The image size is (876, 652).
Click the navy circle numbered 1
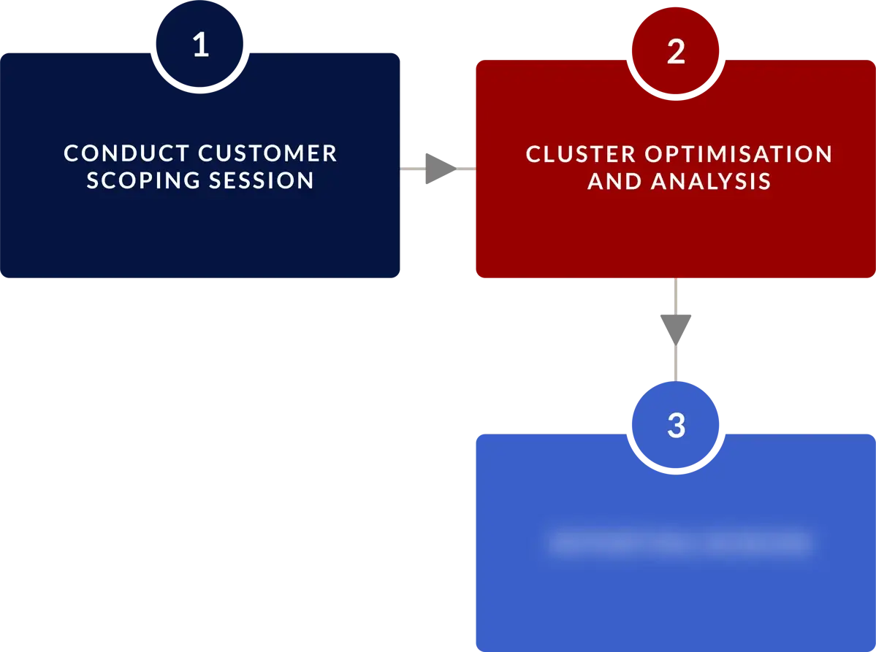(200, 45)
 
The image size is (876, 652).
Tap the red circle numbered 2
(676, 51)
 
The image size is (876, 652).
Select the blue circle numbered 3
(676, 425)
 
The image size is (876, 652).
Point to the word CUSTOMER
(268, 153)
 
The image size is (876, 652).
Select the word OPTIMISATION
(739, 154)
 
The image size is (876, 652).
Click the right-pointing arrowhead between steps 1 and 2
(436, 169)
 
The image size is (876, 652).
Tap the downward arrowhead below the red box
(674, 326)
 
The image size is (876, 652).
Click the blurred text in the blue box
(679, 543)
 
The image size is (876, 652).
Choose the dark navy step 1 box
(201, 234)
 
